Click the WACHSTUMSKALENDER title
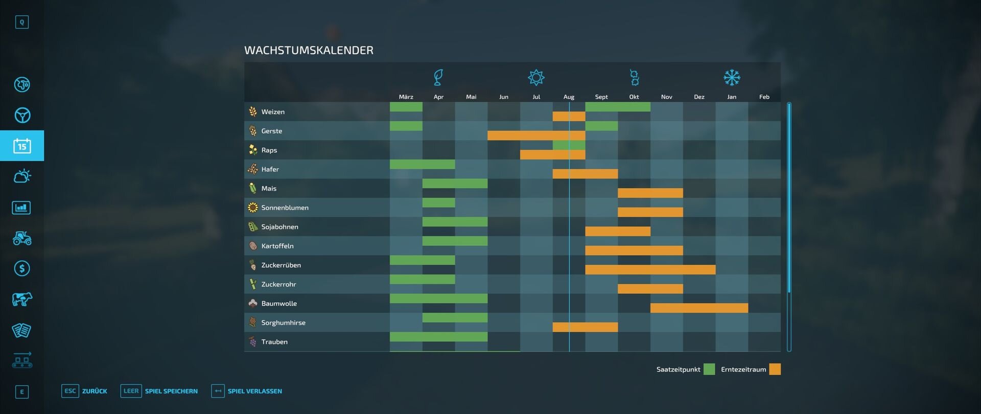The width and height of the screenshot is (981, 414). point(309,50)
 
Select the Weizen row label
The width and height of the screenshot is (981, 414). point(273,112)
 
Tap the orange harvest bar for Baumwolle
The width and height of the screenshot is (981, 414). point(699,308)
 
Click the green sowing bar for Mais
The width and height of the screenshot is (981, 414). point(455,183)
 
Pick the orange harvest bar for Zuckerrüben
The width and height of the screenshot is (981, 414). point(650,269)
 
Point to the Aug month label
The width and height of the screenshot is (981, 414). point(569,97)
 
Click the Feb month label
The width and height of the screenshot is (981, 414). point(764,97)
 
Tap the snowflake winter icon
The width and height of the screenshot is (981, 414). point(732,78)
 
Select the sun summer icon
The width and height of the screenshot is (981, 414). point(536,78)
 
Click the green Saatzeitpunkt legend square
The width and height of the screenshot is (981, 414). point(709,369)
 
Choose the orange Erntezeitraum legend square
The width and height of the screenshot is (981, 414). point(775,369)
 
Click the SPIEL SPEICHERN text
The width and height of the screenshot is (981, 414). point(171,392)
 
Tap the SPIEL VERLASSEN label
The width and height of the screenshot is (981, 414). point(254,392)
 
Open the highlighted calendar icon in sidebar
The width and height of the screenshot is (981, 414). point(22,146)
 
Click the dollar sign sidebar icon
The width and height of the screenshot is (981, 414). point(22,268)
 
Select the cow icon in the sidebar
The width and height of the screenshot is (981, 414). point(22,299)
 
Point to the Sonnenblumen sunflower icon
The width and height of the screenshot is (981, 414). point(252,208)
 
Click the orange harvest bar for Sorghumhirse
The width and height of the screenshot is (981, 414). point(585,327)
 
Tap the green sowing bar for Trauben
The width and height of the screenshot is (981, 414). point(438,337)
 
